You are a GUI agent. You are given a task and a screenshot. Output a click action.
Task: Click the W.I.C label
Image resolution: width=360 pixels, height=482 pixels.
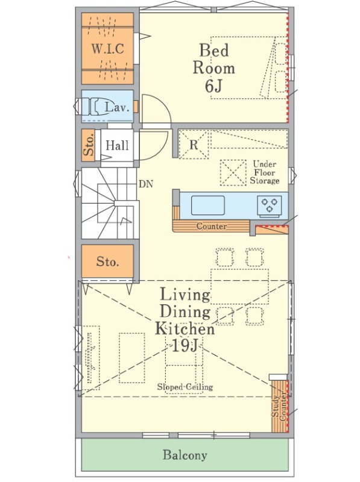pos(108,49)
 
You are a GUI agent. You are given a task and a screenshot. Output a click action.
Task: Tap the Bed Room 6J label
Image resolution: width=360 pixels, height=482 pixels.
pos(214,68)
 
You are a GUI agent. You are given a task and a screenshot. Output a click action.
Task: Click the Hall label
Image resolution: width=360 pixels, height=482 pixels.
pos(117,145)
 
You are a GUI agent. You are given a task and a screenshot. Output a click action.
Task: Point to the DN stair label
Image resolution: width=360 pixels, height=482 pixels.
pos(145,184)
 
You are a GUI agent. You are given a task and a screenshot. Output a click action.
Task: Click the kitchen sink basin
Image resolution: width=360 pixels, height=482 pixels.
pos(207,205)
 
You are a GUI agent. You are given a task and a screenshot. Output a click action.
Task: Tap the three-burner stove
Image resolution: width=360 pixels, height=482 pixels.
pos(269,205)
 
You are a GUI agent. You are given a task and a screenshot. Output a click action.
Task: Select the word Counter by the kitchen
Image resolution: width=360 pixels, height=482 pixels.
pos(212,227)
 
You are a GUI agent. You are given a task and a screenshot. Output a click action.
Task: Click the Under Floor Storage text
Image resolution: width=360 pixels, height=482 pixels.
pos(265,172)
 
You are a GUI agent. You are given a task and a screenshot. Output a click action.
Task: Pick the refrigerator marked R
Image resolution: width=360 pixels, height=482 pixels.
pos(194,145)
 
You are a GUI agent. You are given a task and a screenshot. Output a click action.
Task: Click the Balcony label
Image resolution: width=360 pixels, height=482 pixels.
pos(185,455)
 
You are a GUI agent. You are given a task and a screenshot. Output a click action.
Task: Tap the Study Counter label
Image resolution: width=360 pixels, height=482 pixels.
pos(279,405)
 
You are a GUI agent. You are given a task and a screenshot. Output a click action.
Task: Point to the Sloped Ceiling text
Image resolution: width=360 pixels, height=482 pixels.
pos(185,387)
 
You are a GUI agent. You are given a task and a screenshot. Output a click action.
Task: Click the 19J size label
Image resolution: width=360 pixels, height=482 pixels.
pos(184,345)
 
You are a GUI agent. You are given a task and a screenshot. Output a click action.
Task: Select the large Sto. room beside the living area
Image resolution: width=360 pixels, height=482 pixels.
pos(107,261)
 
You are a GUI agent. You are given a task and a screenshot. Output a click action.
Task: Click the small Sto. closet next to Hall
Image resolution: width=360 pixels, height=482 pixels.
pos(88,145)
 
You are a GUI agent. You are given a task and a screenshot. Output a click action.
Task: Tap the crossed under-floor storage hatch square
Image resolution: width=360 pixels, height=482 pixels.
pos(233,172)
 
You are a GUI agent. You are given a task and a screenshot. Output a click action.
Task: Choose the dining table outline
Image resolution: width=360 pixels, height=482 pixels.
pos(239,287)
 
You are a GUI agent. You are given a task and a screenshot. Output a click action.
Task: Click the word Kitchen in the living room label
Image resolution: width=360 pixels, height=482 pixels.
pos(185,328)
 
